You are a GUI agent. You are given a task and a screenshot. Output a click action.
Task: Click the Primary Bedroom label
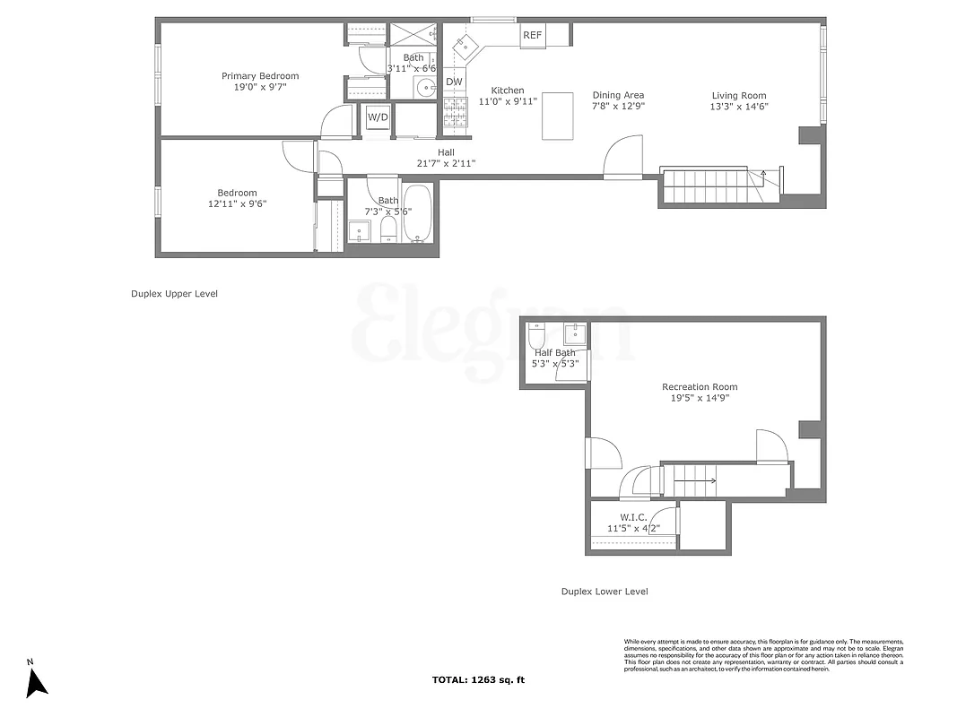click(x=260, y=76)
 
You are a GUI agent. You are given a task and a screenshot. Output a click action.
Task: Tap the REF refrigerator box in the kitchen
click(x=533, y=36)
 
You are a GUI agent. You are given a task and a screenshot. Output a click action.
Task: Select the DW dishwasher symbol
click(x=455, y=82)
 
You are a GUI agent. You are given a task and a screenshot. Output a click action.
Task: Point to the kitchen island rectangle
click(x=557, y=116)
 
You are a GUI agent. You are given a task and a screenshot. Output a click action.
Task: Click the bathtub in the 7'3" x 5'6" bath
click(x=417, y=214)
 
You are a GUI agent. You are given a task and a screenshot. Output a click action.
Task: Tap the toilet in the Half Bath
click(x=536, y=337)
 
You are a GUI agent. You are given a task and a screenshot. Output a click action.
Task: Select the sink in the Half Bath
click(x=574, y=334)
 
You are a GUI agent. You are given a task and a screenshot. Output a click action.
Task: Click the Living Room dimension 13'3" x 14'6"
click(x=739, y=107)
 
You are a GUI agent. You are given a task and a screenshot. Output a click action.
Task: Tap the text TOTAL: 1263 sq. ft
click(x=478, y=680)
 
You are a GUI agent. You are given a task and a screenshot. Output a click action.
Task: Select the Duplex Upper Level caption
click(x=174, y=294)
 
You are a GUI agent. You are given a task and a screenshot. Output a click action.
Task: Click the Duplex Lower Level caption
click(x=605, y=592)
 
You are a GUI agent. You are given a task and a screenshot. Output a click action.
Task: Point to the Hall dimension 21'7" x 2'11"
click(x=446, y=164)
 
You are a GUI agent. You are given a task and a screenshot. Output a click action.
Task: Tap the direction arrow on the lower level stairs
click(x=695, y=481)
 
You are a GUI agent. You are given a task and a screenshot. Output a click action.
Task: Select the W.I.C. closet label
click(x=633, y=517)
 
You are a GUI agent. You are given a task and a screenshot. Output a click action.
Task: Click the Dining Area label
click(x=618, y=95)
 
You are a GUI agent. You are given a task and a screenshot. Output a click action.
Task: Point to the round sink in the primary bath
click(x=425, y=87)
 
